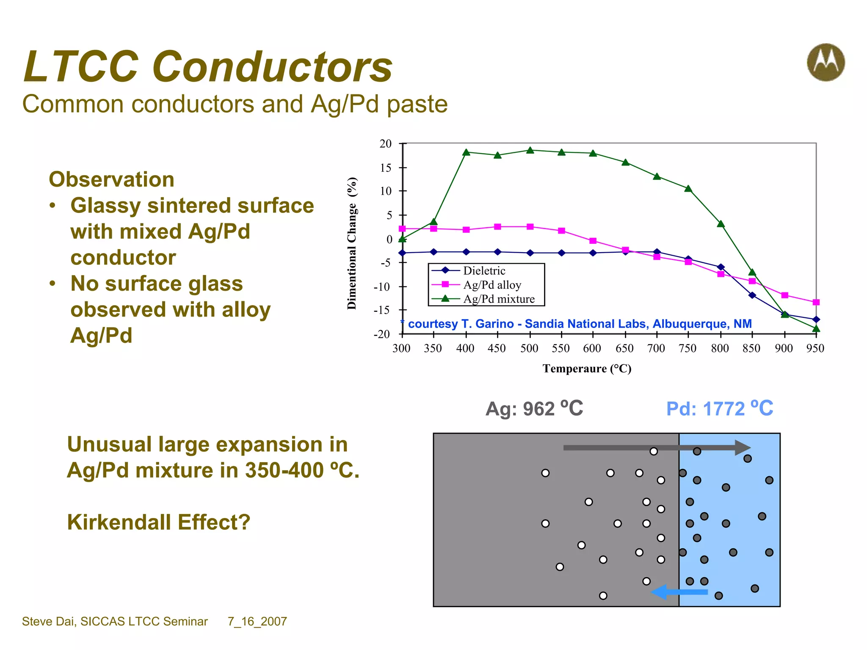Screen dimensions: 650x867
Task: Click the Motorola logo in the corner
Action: tap(826, 62)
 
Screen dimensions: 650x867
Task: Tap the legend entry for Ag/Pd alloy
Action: tap(492, 285)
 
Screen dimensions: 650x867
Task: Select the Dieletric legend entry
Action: tap(484, 270)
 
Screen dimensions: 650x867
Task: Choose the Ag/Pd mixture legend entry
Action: tap(499, 299)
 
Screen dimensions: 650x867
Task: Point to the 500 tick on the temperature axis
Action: tap(529, 348)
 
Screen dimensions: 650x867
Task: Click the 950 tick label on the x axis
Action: tap(815, 348)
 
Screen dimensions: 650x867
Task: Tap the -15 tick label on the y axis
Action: tap(382, 310)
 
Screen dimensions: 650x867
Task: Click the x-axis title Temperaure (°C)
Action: tap(587, 369)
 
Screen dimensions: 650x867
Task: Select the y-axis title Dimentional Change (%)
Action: tap(352, 243)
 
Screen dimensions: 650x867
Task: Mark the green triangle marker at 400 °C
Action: tap(466, 152)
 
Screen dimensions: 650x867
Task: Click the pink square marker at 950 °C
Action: tap(816, 302)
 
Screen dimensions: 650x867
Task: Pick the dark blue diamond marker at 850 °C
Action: tap(752, 295)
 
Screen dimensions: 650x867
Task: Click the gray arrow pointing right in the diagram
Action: tap(656, 447)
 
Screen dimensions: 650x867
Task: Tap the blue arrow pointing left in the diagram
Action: tap(679, 592)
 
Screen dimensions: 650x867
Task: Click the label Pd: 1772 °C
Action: tap(720, 409)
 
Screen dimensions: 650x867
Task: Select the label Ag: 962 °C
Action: tap(534, 409)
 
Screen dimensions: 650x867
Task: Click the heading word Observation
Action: tap(112, 179)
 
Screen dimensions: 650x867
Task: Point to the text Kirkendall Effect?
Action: tap(159, 522)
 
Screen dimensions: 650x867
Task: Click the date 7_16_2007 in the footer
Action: tap(257, 621)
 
